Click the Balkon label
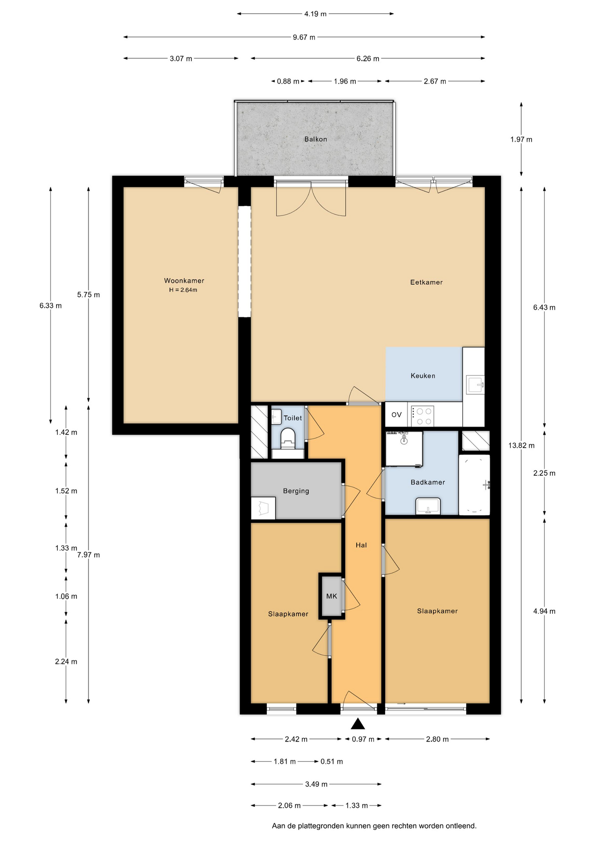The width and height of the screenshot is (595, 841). pos(315,139)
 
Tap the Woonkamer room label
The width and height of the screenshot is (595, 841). pos(184,281)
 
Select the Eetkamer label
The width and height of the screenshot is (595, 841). pos(426,283)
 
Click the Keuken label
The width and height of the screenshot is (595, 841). pos(423,376)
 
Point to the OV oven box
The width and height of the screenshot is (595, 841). pos(397,414)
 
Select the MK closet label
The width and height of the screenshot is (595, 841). pos(332,596)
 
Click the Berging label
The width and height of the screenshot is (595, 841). pos(296,491)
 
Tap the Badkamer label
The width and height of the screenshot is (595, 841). pos(428,482)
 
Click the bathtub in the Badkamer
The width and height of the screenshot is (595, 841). pos(474,485)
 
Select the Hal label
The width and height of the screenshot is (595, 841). pos(361,545)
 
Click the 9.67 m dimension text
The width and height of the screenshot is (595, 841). pos(304,37)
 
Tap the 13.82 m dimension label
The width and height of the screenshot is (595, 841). pos(521,445)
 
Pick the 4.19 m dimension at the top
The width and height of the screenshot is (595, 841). pos(315,14)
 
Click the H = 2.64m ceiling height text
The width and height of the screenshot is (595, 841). pos(183,290)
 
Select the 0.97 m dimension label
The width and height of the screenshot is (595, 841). pos(363,739)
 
